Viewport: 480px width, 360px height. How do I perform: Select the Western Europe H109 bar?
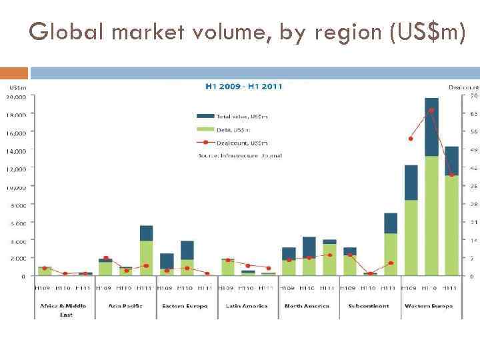tap(411, 220)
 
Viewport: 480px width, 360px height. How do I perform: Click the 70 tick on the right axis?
tap(473, 97)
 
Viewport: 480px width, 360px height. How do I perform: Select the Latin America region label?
tap(247, 306)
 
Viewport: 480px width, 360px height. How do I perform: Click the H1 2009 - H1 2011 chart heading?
tap(243, 86)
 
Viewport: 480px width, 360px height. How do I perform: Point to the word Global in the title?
tap(65, 31)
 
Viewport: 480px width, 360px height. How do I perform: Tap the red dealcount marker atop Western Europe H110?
tap(431, 111)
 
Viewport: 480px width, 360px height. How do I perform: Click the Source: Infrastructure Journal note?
tap(240, 155)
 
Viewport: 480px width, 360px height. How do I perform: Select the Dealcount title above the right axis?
tap(463, 87)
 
